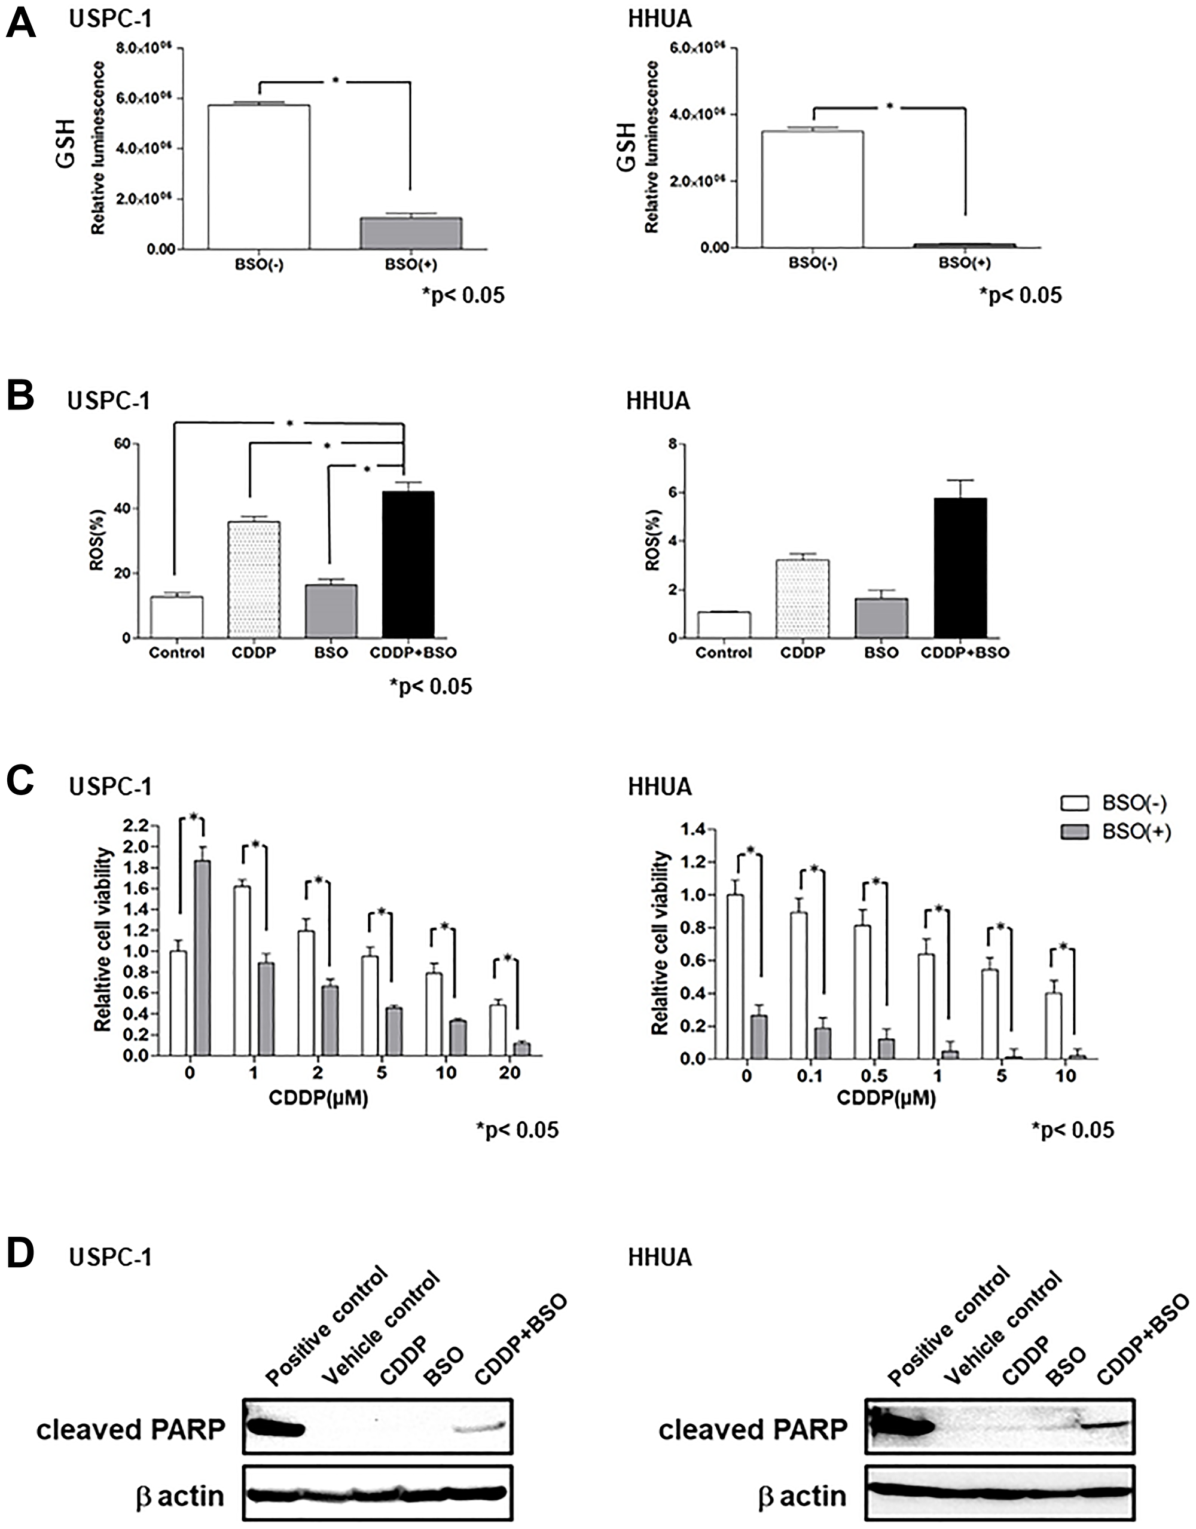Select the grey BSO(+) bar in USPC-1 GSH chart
tap(411, 233)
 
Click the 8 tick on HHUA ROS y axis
tap(673, 444)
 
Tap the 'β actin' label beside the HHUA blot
tap(802, 1496)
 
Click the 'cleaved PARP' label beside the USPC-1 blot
tap(131, 1429)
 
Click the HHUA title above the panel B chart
tap(658, 401)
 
